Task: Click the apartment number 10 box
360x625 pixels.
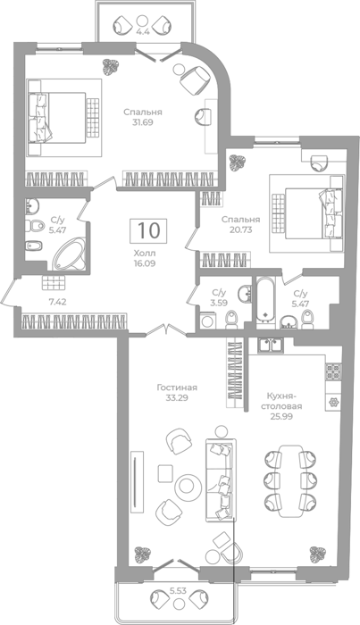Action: tap(148, 230)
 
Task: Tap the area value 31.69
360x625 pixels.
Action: tap(143, 122)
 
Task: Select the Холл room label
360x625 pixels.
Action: tap(145, 253)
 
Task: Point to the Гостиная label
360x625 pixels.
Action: tap(177, 387)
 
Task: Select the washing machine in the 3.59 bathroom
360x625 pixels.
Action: tap(206, 321)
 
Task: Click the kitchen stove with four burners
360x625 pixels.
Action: tap(334, 372)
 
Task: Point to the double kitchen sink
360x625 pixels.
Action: tap(271, 346)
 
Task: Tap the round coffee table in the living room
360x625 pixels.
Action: tap(186, 486)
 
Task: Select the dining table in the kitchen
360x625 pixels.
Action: tap(290, 480)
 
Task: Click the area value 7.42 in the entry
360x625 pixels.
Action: tap(57, 303)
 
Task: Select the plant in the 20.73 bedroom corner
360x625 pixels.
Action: tap(237, 162)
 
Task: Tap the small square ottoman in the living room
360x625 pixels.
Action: tap(165, 473)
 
